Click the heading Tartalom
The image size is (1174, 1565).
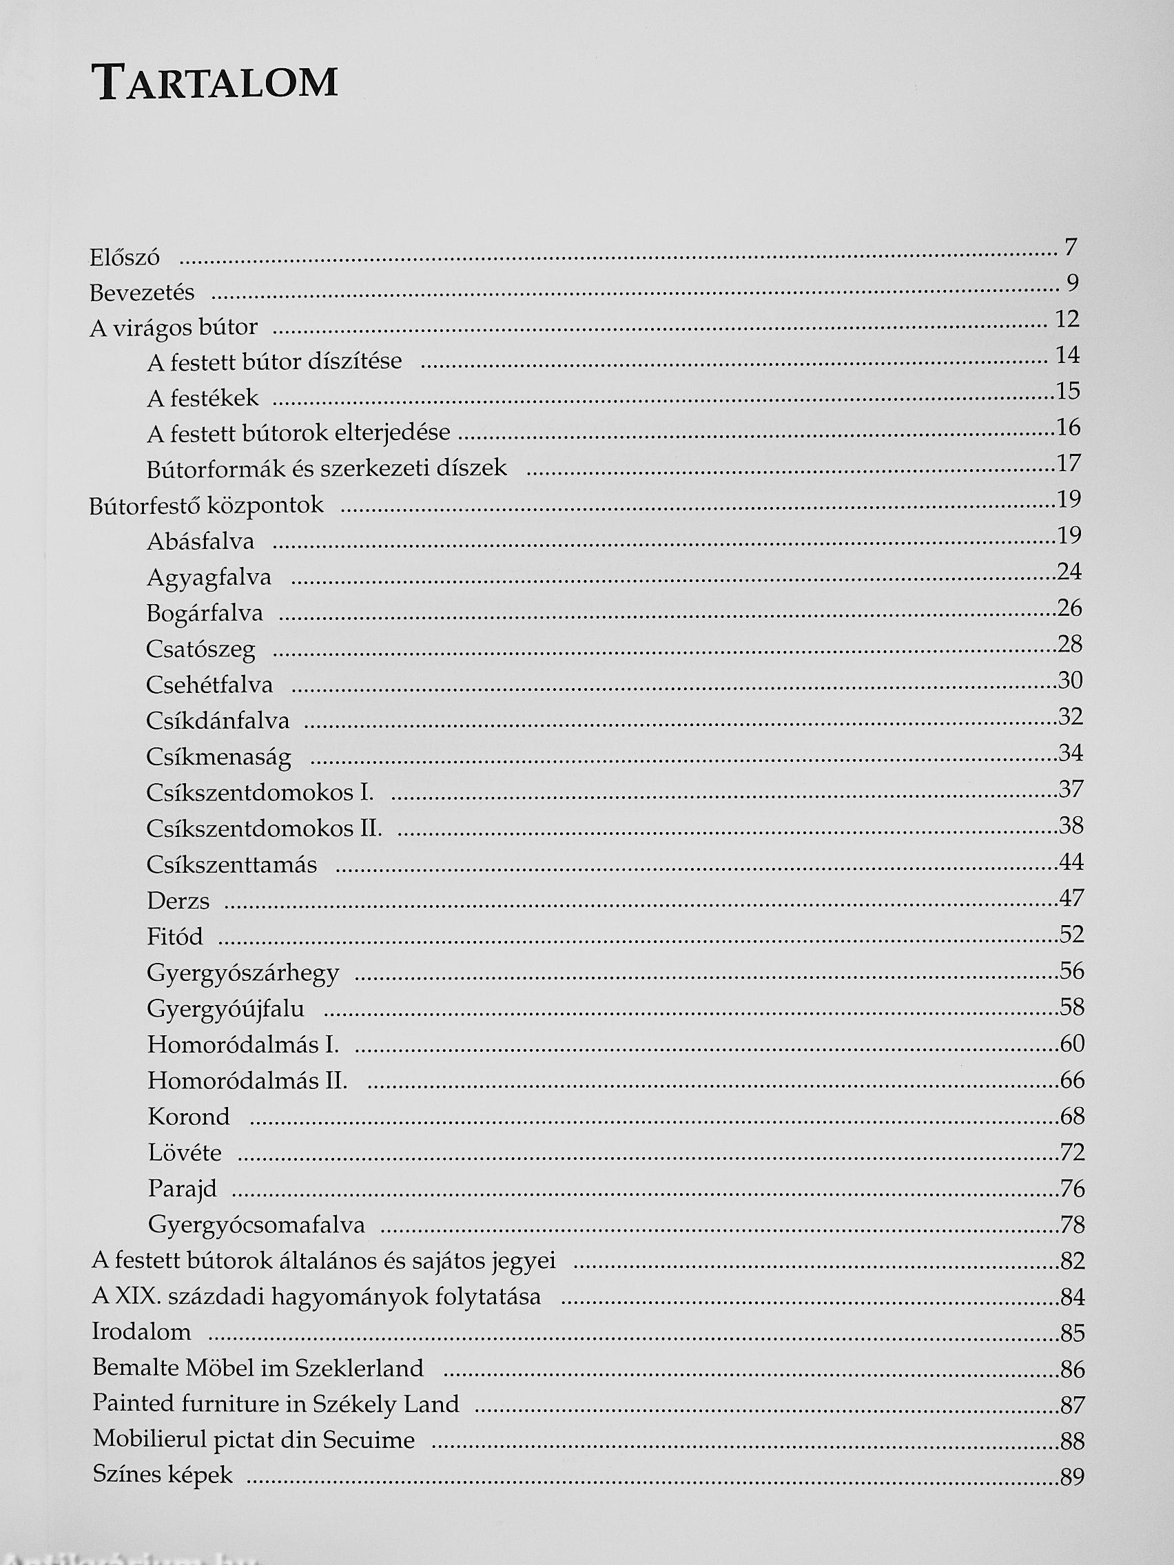214,82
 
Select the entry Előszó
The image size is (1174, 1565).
125,257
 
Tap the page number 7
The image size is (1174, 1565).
1071,247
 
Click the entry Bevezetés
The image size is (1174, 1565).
142,292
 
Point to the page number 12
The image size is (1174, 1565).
1067,319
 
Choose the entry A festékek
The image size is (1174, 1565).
203,398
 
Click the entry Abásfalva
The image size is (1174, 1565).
200,542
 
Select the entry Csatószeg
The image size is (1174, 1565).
200,650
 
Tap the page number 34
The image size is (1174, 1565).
1071,753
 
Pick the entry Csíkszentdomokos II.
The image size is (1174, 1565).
264,828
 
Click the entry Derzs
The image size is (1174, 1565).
178,901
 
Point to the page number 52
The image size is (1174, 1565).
1071,935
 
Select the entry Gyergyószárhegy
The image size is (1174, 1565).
243,973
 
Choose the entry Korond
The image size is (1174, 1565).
189,1117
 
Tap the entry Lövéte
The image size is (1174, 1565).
185,1153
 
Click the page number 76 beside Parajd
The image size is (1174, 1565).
1072,1189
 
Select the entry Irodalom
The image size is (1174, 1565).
141,1332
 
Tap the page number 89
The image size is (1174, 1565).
1072,1477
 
